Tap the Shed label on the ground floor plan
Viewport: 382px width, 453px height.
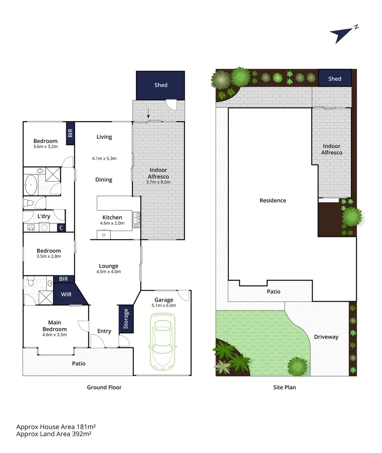click(x=161, y=85)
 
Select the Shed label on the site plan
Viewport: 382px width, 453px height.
click(x=335, y=79)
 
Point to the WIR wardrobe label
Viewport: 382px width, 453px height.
click(x=66, y=294)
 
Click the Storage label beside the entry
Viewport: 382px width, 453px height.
click(x=125, y=319)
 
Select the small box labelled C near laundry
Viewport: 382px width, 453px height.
click(x=61, y=228)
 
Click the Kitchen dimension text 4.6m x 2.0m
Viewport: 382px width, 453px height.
click(x=112, y=224)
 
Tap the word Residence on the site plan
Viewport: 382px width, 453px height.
click(x=273, y=200)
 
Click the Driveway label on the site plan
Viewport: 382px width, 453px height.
click(x=326, y=337)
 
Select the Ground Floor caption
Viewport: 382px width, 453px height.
click(x=104, y=387)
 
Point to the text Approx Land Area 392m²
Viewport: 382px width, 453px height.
click(x=54, y=434)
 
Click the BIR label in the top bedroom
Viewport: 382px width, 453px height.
click(x=70, y=133)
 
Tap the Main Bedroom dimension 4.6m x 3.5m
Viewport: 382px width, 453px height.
click(x=55, y=335)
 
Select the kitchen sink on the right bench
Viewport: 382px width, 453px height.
click(x=137, y=218)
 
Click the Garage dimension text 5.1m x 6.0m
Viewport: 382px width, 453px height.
click(x=164, y=305)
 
